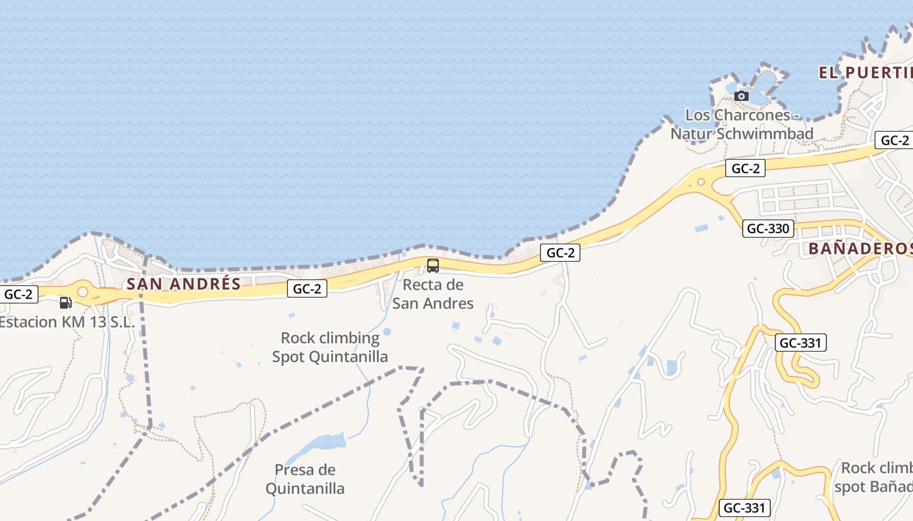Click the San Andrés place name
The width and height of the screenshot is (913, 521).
click(x=184, y=284)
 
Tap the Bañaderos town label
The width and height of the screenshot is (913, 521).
click(x=860, y=248)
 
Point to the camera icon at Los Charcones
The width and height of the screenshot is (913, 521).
click(x=741, y=96)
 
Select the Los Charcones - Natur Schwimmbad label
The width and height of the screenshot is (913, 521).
click(x=742, y=124)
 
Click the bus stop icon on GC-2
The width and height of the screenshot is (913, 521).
click(x=432, y=265)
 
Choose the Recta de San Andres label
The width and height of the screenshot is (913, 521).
click(x=433, y=294)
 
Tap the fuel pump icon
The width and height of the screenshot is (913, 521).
click(x=65, y=302)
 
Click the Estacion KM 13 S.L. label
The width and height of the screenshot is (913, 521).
click(x=67, y=322)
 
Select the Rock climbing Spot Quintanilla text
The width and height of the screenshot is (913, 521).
click(x=330, y=347)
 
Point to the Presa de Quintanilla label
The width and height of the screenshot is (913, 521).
click(x=305, y=479)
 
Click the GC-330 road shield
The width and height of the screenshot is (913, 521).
click(x=768, y=229)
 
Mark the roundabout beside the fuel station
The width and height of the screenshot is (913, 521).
click(x=83, y=292)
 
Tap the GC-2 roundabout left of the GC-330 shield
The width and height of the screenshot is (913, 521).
click(x=701, y=182)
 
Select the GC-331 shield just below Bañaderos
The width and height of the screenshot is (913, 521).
click(x=801, y=343)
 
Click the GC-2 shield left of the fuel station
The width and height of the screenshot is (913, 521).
click(x=18, y=294)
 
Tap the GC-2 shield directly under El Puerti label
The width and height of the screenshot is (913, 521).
click(x=894, y=140)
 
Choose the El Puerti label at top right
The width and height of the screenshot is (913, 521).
click(x=865, y=72)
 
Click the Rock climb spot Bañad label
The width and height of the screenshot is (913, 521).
click(x=874, y=477)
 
